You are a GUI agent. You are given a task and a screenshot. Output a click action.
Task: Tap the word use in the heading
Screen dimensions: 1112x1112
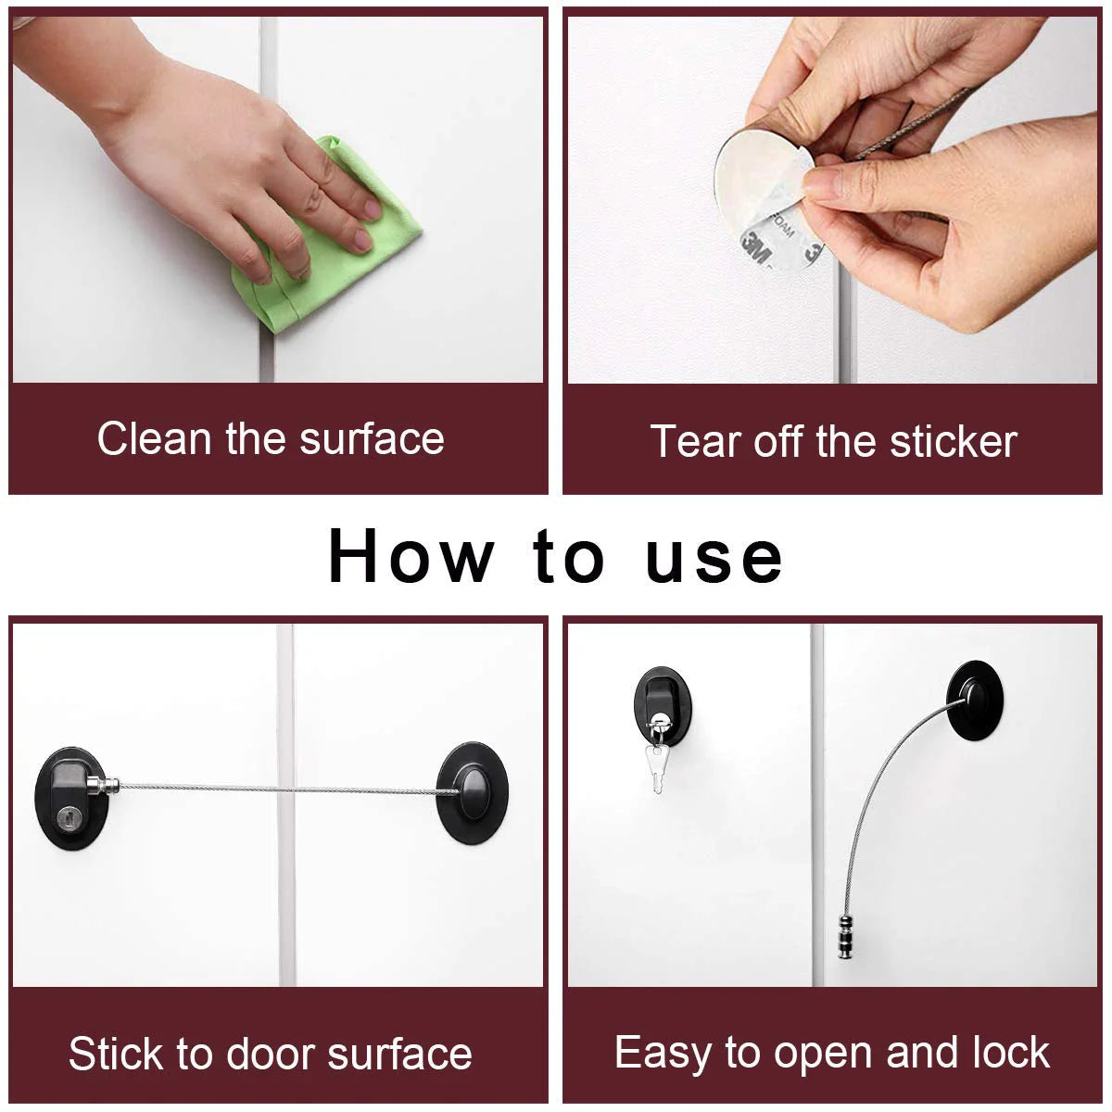click(714, 558)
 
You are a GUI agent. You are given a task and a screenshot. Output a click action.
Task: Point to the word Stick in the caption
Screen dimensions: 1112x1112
click(116, 1055)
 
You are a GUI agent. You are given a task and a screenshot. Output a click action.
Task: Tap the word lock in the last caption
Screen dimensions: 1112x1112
click(1011, 1053)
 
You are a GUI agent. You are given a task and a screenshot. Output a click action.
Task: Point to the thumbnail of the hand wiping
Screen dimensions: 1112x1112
click(277, 198)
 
